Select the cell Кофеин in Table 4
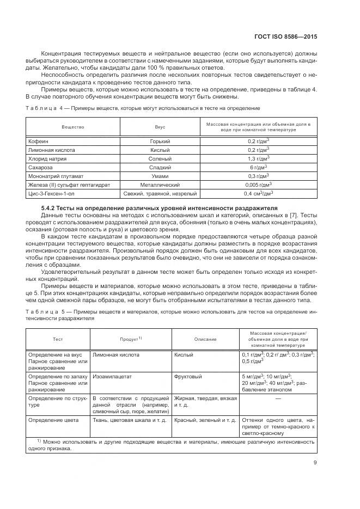point(38,141)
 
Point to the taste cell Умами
point(160,176)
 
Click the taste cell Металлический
point(160,185)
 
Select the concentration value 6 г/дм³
point(259,167)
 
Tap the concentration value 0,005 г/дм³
point(259,185)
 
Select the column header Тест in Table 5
point(58,339)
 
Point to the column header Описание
point(205,339)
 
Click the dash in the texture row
point(278,398)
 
